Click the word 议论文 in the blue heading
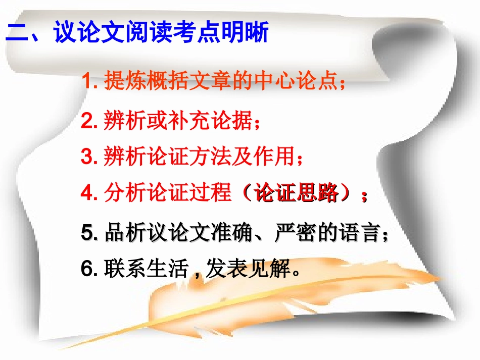point(83,34)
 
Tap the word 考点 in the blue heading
point(191,34)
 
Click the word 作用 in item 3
point(275,157)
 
